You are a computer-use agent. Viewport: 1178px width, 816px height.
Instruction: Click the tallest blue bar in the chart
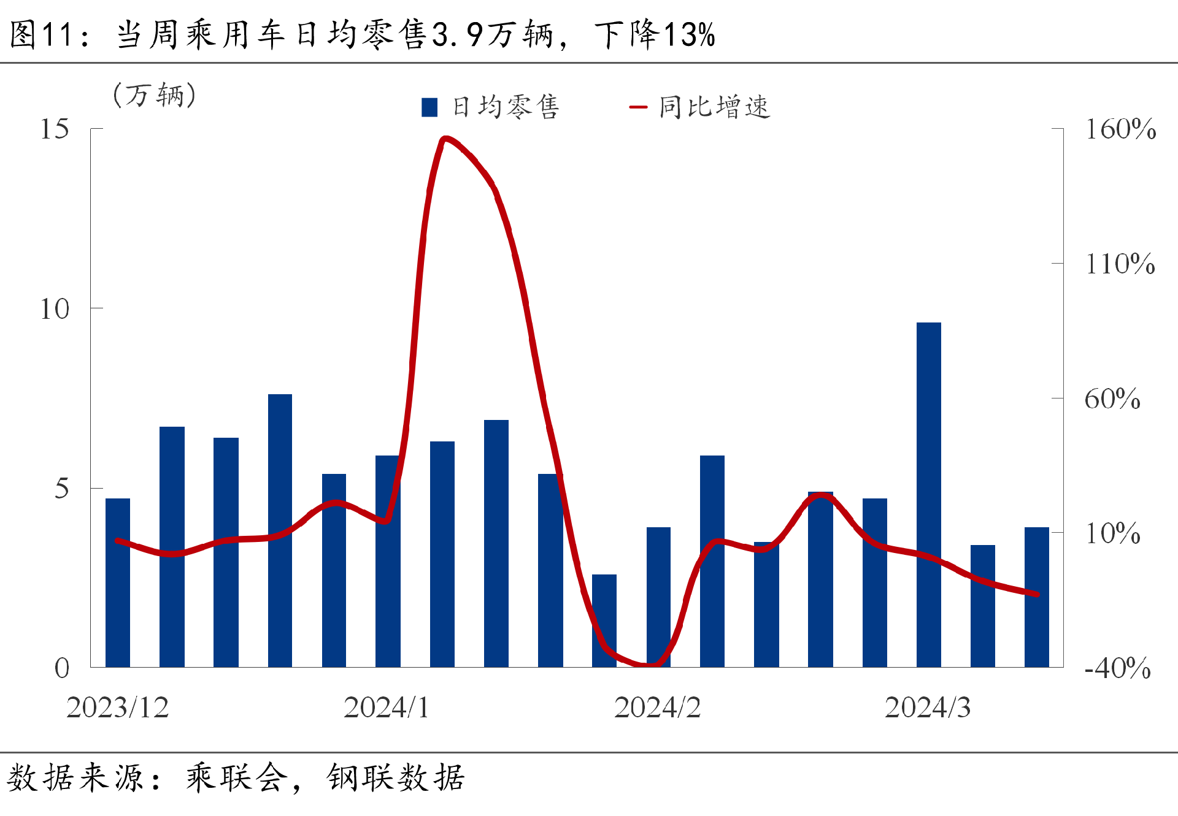tap(928, 494)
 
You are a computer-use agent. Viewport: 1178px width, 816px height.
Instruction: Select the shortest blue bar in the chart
tap(604, 620)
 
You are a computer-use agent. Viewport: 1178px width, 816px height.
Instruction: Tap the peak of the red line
tap(445, 139)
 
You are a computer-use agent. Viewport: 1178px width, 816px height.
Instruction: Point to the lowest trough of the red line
tap(650, 664)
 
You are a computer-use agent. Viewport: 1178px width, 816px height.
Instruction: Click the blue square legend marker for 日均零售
tap(429, 107)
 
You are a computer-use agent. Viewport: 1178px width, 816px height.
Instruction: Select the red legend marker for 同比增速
tap(638, 107)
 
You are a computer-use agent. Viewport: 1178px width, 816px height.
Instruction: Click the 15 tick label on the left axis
tap(55, 129)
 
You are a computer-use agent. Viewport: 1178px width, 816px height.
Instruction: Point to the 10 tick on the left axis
tap(55, 309)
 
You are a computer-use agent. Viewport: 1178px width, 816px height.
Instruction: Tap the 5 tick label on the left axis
tap(61, 489)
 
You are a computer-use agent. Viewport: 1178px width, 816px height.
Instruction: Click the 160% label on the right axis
tap(1120, 129)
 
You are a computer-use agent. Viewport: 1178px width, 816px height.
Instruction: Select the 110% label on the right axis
tap(1120, 264)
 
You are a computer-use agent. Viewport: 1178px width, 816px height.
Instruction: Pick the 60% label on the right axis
tap(1112, 399)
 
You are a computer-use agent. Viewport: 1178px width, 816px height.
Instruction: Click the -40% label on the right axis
tap(1117, 668)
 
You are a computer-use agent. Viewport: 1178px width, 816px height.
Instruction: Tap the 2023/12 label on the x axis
tap(117, 708)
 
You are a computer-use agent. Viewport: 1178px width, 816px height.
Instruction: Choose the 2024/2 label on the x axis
tap(657, 708)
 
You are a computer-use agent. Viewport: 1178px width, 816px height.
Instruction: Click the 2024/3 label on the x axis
tap(927, 708)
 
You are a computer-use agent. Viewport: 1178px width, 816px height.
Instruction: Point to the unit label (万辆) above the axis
tap(155, 95)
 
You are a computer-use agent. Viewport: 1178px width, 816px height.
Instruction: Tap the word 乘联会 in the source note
tap(237, 778)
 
